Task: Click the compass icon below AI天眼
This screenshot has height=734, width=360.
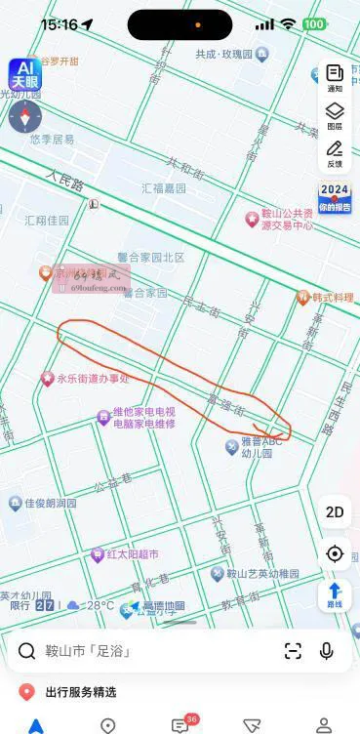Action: tap(24, 116)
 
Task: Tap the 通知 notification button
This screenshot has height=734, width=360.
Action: tap(335, 78)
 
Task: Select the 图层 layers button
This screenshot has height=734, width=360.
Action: tap(335, 116)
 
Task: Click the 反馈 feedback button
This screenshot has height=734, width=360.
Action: tap(335, 153)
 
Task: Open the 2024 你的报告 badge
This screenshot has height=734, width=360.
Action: tap(335, 198)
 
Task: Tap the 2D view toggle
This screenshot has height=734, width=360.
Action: tap(335, 512)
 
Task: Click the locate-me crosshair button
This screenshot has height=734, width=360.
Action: tap(335, 553)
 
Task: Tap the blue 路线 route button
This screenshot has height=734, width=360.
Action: tap(335, 594)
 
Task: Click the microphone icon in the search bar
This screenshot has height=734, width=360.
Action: tap(326, 651)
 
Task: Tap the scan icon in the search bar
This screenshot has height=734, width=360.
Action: tap(293, 651)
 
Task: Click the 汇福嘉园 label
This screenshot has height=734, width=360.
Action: tap(164, 188)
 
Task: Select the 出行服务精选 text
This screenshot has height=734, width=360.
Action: tap(81, 692)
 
